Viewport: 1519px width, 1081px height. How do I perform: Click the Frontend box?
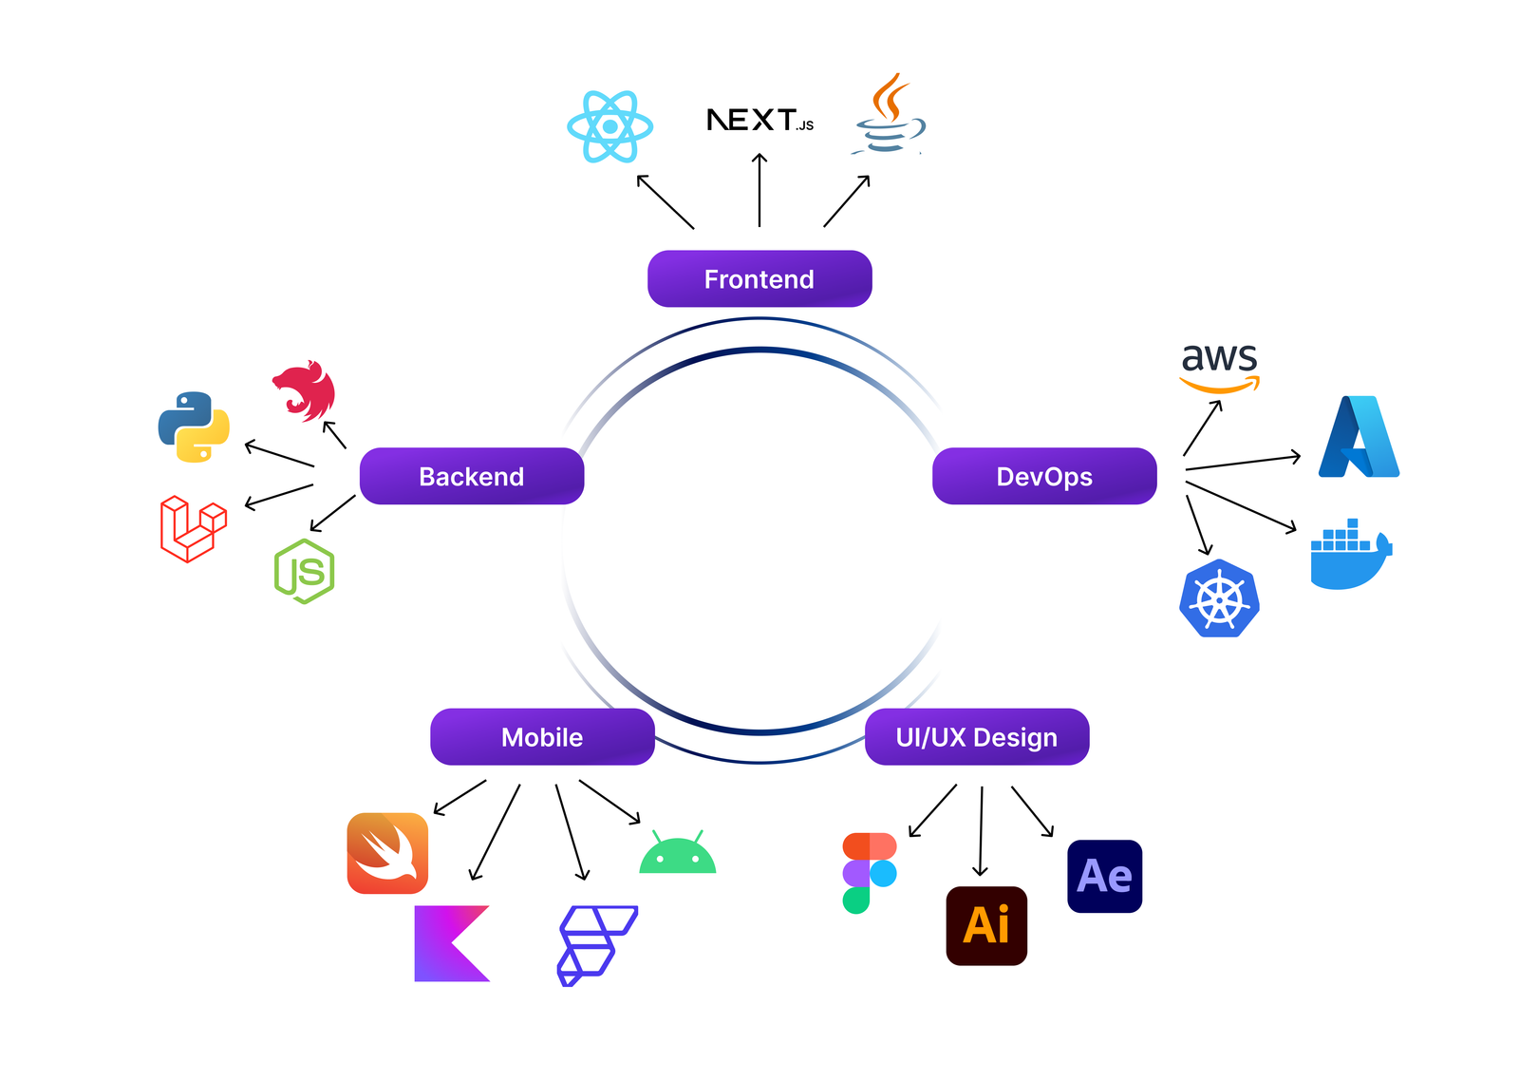759,279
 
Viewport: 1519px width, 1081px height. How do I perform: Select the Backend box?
472,476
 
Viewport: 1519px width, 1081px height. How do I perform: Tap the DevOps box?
1044,476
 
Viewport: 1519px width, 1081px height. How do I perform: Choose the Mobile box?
542,737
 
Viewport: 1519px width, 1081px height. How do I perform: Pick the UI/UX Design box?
977,737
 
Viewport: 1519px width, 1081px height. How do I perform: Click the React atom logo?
609,126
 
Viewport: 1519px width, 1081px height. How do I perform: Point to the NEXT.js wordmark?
759,121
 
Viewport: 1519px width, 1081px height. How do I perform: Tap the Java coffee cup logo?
889,116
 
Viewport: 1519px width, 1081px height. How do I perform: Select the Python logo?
194,427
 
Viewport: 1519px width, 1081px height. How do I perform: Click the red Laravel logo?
194,528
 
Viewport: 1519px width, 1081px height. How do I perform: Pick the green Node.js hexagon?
304,572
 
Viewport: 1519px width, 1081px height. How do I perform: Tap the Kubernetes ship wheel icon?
1219,599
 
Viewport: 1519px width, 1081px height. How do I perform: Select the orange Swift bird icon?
387,853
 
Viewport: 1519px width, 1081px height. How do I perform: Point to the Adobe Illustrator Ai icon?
986,926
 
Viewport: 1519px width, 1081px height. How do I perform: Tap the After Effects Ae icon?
1104,876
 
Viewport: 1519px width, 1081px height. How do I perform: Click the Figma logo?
868,873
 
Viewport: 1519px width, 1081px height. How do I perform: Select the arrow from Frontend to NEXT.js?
759,190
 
